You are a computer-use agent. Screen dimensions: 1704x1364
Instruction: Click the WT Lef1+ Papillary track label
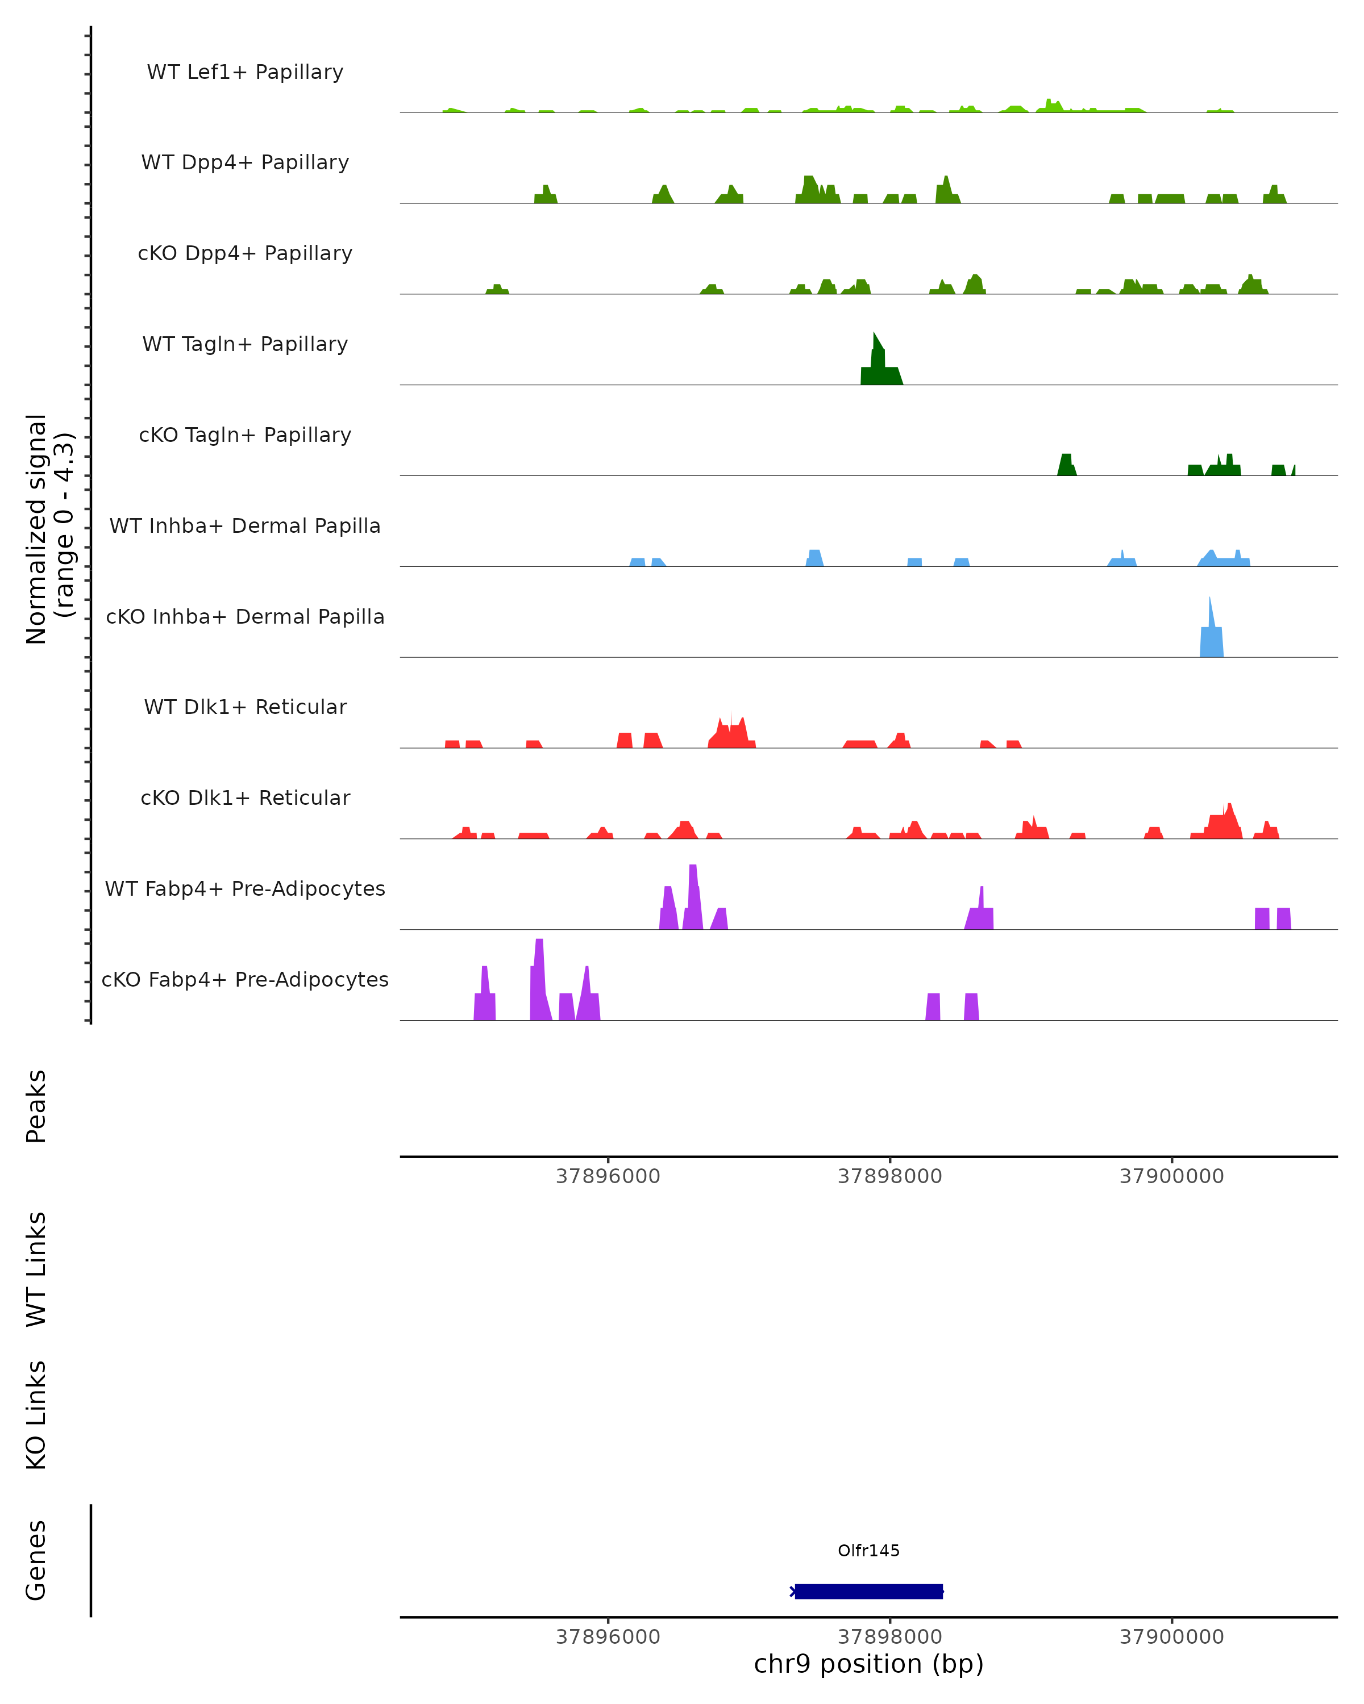click(245, 72)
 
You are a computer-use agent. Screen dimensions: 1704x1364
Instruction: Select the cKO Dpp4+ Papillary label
click(245, 254)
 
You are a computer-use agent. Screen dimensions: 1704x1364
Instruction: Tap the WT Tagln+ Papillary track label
click(245, 345)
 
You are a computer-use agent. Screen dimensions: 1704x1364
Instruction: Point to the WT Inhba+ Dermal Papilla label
click(245, 527)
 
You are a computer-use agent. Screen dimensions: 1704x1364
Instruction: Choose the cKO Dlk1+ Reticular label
click(245, 798)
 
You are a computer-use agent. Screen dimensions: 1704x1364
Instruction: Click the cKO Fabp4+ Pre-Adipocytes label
click(245, 980)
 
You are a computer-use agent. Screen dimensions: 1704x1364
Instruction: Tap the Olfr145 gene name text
click(868, 1551)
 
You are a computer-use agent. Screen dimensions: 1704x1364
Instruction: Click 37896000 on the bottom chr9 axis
click(608, 1637)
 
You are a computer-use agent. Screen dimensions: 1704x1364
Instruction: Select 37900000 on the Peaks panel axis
click(1171, 1177)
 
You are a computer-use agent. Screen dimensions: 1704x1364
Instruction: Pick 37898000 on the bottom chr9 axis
click(889, 1637)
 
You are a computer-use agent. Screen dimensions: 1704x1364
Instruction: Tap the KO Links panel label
click(36, 1415)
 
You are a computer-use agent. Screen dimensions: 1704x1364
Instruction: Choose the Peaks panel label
click(36, 1106)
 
